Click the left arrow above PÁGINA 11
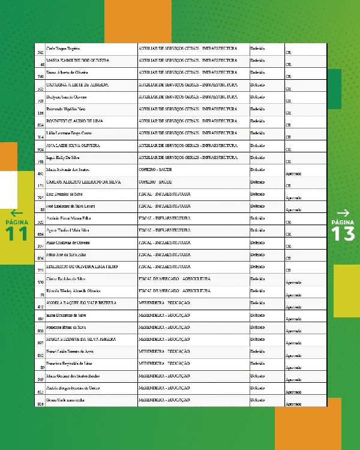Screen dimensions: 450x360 pyautogui.click(x=16, y=213)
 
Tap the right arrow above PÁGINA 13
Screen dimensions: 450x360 pyautogui.click(x=343, y=213)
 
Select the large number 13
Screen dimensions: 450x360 pyautogui.click(x=343, y=233)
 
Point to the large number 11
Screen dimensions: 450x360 pyautogui.click(x=16, y=233)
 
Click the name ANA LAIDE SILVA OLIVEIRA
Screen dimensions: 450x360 pyautogui.click(x=73, y=145)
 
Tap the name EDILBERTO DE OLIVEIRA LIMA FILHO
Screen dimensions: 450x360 pyautogui.click(x=82, y=266)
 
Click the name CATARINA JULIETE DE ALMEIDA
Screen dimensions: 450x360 pyautogui.click(x=77, y=85)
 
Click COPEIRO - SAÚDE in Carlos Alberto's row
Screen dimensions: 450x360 pyautogui.click(x=155, y=181)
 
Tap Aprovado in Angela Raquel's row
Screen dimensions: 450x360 pyautogui.click(x=293, y=307)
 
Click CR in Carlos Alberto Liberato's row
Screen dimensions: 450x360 pyautogui.click(x=288, y=185)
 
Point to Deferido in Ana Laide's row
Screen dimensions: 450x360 pyautogui.click(x=257, y=145)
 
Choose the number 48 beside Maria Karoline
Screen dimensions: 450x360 pyautogui.click(x=41, y=65)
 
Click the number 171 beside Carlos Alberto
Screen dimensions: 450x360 pyautogui.click(x=41, y=185)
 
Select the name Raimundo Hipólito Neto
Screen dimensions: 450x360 pyautogui.click(x=66, y=109)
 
